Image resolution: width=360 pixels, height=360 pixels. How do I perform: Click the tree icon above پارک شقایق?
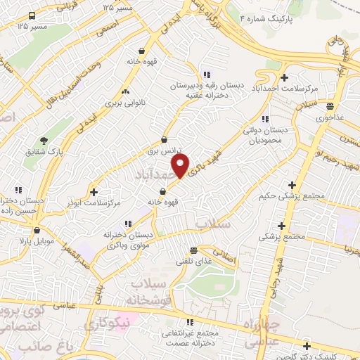[x=44, y=141]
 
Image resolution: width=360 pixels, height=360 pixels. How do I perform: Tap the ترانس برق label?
[x=164, y=150]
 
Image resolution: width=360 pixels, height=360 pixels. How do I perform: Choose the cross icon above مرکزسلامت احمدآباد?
[x=284, y=77]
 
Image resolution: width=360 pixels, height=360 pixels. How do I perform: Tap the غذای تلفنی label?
[x=193, y=262]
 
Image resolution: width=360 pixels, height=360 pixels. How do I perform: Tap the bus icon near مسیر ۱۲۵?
[x=32, y=15]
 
